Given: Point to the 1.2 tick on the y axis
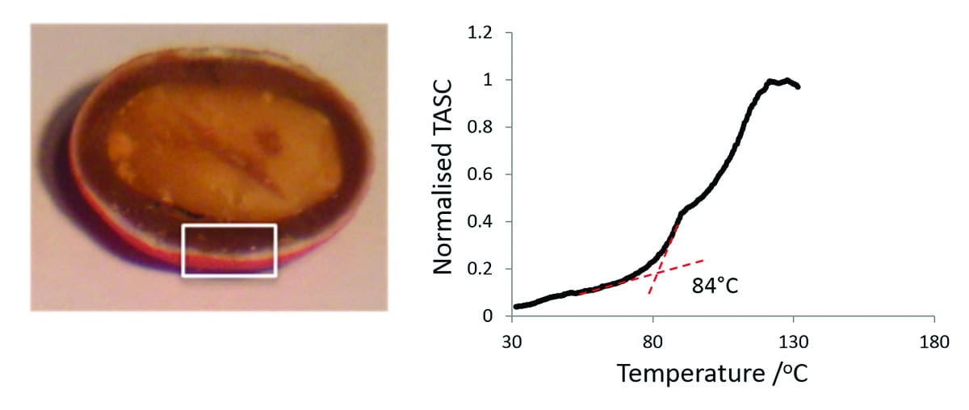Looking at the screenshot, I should pyautogui.click(x=482, y=33).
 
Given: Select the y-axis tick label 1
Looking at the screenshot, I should pyautogui.click(x=489, y=80).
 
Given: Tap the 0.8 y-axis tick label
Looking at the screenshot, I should pyautogui.click(x=482, y=127).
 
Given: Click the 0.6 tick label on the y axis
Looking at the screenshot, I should pyautogui.click(x=482, y=174).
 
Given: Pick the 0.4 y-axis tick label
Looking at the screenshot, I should pyautogui.click(x=482, y=221).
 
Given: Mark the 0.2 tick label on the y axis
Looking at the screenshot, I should pyautogui.click(x=482, y=269).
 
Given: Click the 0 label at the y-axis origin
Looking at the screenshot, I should pyautogui.click(x=489, y=316).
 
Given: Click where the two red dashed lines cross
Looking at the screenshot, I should pyautogui.click(x=657, y=273).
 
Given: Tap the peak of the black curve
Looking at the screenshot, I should pyautogui.click(x=786, y=80).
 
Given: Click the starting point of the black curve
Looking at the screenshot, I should pyautogui.click(x=516, y=307).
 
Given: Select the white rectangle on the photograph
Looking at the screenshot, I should pyautogui.click(x=229, y=250).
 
